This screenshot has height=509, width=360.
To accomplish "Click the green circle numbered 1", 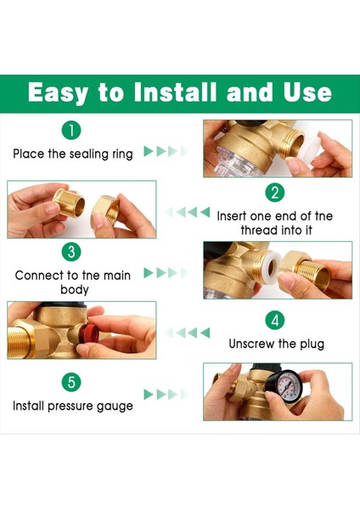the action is pyautogui.click(x=71, y=131).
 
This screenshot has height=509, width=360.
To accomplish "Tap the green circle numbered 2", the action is pyautogui.click(x=275, y=193).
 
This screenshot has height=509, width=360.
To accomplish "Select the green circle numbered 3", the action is pyautogui.click(x=71, y=252).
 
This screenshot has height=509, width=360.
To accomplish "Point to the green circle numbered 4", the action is pyautogui.click(x=275, y=321).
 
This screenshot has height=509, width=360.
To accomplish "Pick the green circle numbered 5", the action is pyautogui.click(x=71, y=382).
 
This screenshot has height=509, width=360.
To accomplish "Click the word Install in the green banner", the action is pyautogui.click(x=175, y=92).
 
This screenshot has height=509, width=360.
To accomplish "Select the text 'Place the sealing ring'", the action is pyautogui.click(x=73, y=154).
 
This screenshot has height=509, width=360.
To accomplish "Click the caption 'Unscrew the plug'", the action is pyautogui.click(x=277, y=344).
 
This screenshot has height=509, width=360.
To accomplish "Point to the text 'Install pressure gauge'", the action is pyautogui.click(x=73, y=406).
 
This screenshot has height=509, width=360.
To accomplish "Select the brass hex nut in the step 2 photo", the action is pyautogui.click(x=104, y=212).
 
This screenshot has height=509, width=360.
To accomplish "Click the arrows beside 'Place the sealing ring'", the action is pyautogui.click(x=166, y=151).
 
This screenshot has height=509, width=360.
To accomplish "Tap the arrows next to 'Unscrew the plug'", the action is pyautogui.click(x=188, y=333).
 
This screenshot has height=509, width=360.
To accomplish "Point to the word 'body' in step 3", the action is pyautogui.click(x=75, y=289).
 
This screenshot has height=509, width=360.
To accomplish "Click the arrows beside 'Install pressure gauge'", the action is pyautogui.click(x=166, y=394).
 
